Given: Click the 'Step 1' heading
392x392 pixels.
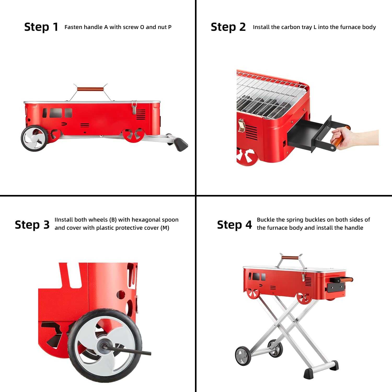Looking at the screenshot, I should pos(41,27).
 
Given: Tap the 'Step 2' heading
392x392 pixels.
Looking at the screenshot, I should pos(228,27).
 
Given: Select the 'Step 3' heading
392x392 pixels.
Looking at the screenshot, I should pos(32,225).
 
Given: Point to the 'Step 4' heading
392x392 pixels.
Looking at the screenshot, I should pos(234,225).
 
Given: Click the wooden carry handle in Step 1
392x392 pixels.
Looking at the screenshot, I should pos(90,89).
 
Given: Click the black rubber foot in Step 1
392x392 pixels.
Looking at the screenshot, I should pos(181,144).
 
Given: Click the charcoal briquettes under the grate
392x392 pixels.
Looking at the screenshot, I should pos(259,105).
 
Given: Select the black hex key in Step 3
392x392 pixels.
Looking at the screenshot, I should pos(131,350).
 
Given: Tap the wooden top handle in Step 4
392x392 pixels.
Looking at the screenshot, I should pos(290,258).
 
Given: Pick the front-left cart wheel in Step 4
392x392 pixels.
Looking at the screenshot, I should pos(243,356).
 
